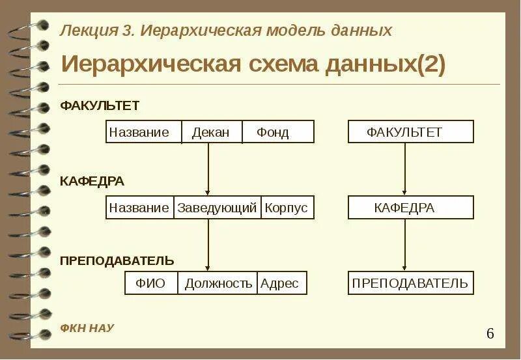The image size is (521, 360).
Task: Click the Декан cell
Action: [211, 132]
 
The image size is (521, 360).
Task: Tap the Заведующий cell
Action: [217, 208]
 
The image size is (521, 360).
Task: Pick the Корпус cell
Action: [287, 208]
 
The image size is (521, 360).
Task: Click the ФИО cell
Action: [150, 283]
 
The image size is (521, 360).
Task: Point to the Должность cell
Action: [218, 283]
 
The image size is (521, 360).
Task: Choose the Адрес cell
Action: [280, 283]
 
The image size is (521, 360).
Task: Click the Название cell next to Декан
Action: [139, 132]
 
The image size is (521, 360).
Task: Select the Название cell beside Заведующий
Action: [139, 208]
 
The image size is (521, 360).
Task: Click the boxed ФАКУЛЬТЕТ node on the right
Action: [410, 132]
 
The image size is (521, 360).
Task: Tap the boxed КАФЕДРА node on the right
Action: [410, 208]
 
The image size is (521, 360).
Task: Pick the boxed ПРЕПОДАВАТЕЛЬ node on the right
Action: [410, 283]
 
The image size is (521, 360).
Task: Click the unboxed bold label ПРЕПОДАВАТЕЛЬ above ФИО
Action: [117, 261]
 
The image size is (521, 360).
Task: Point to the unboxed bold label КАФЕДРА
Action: [92, 181]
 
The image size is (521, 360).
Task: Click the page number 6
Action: [490, 334]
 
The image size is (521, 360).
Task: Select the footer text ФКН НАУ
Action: [87, 328]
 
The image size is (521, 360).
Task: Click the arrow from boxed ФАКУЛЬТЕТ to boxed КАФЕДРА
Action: [404, 169]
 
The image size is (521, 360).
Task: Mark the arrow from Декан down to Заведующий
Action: [208, 169]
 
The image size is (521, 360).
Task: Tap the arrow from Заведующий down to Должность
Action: [208, 245]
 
